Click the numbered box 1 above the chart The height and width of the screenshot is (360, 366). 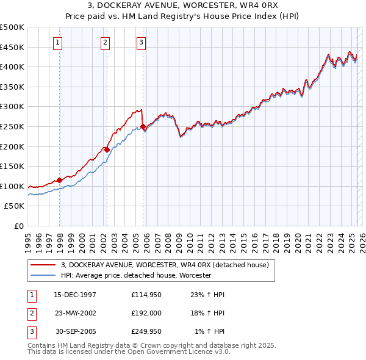click(57, 42)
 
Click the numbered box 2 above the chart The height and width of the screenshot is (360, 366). click(105, 42)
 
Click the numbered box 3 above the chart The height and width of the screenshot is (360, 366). click(141, 42)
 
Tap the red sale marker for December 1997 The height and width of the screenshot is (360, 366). click(60, 180)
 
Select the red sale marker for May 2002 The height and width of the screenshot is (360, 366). click(107, 149)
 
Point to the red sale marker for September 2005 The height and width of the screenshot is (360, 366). click(143, 127)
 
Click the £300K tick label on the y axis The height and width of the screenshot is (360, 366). click(12, 106)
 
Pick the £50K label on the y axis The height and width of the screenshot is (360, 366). click(15, 206)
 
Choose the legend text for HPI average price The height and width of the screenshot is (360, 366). click(135, 276)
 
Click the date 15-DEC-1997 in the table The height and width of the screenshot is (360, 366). click(75, 295)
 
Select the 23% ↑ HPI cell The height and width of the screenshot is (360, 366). click(212, 295)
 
